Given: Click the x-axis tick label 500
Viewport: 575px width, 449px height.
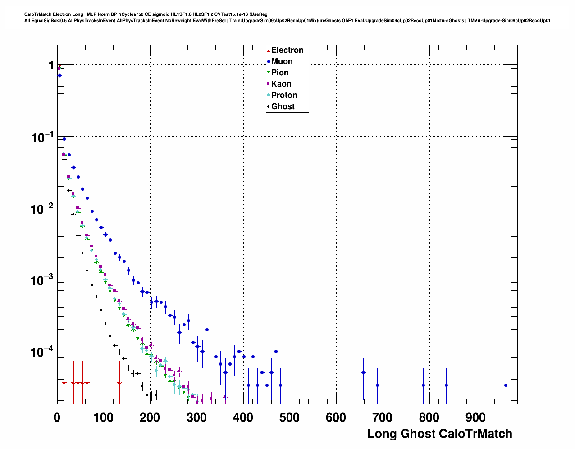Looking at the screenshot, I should click(289, 417).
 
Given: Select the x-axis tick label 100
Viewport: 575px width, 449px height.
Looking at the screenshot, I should click(103, 417).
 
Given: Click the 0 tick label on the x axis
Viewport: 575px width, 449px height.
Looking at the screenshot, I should click(57, 417).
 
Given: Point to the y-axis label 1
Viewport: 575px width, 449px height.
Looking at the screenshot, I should click(51, 66).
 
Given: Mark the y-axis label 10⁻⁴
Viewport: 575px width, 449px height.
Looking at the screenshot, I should click(42, 352).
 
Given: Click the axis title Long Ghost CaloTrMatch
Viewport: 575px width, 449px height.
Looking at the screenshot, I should click(440, 434).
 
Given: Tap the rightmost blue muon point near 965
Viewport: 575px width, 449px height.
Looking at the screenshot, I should click(506, 385).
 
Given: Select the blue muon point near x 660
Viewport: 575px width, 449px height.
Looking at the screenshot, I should click(363, 372).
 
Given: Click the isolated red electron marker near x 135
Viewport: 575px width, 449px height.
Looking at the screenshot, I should click(119, 382).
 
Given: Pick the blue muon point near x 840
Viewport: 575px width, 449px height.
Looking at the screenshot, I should click(446, 385).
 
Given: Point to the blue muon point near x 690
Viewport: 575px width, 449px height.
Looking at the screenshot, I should click(377, 385).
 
